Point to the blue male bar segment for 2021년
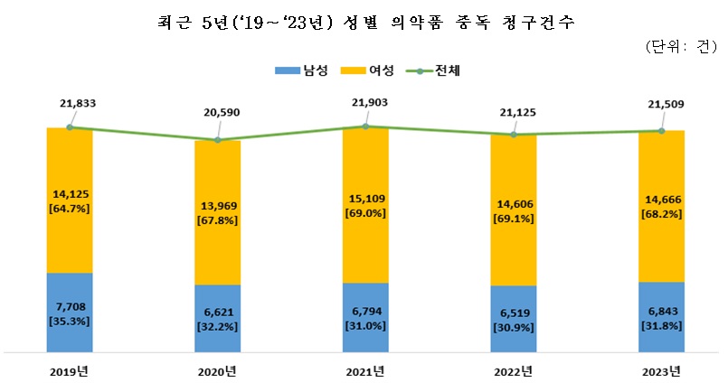(x=365, y=317)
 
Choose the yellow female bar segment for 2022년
(x=513, y=210)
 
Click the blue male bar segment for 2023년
(x=661, y=316)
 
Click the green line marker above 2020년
(x=218, y=140)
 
